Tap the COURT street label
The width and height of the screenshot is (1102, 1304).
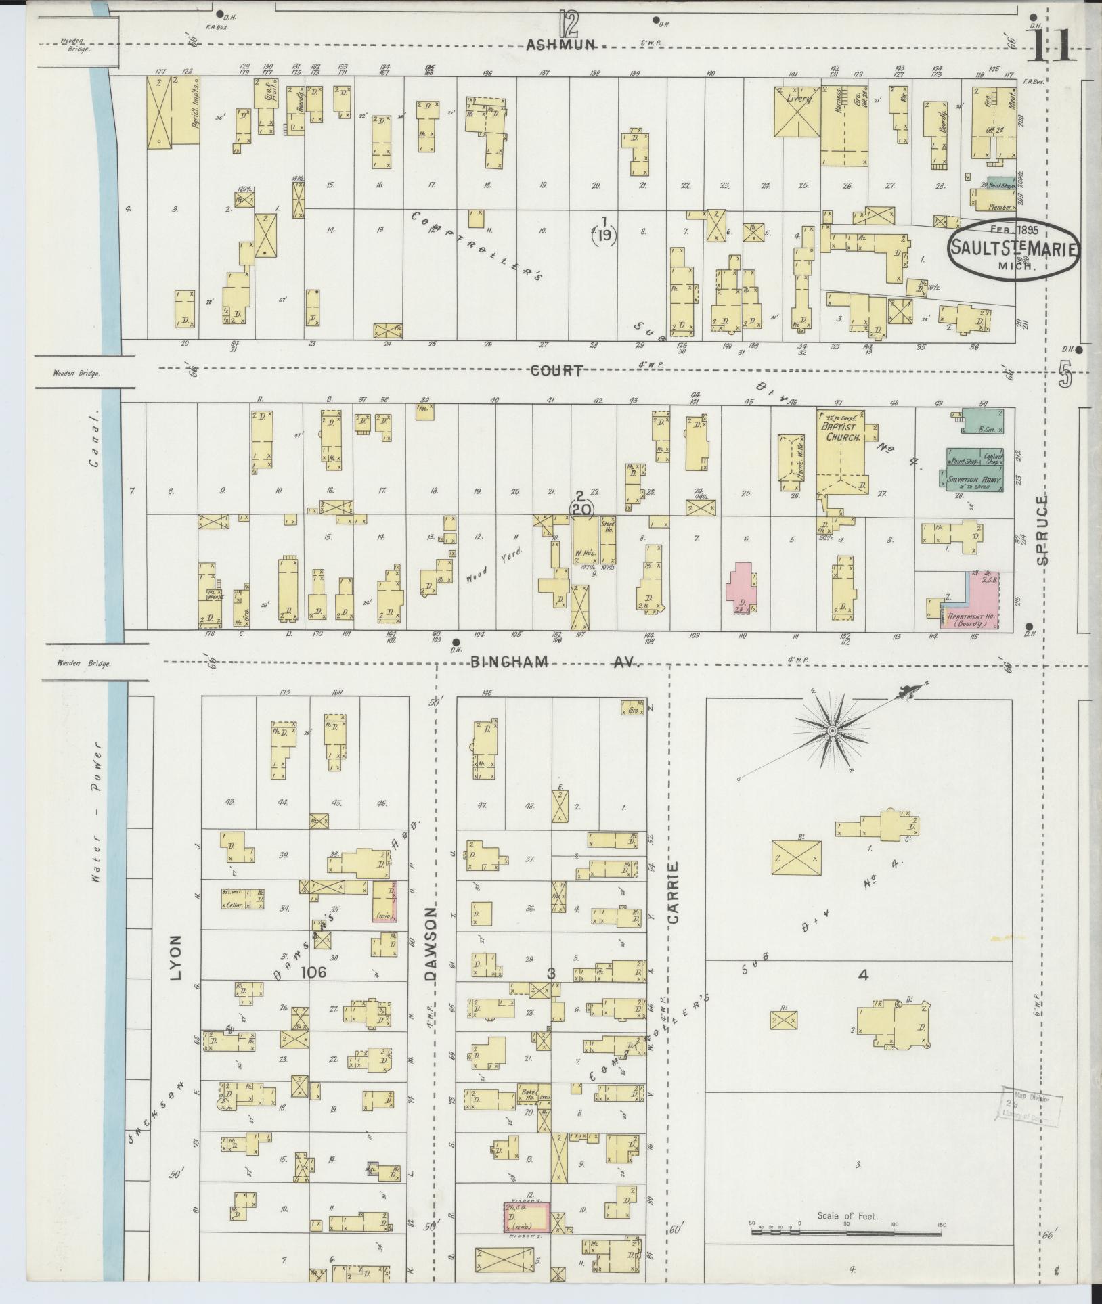(x=556, y=371)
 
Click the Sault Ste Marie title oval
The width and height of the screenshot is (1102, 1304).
(x=1014, y=248)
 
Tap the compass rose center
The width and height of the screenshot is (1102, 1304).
(x=832, y=732)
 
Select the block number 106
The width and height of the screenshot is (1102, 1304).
(x=315, y=972)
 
